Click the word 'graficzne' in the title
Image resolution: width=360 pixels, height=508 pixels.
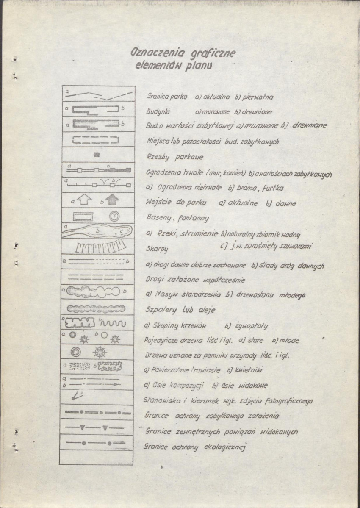click(x=210, y=54)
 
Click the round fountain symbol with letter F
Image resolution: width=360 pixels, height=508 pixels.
click(x=114, y=216)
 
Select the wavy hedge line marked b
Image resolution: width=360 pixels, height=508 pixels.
click(x=112, y=324)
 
